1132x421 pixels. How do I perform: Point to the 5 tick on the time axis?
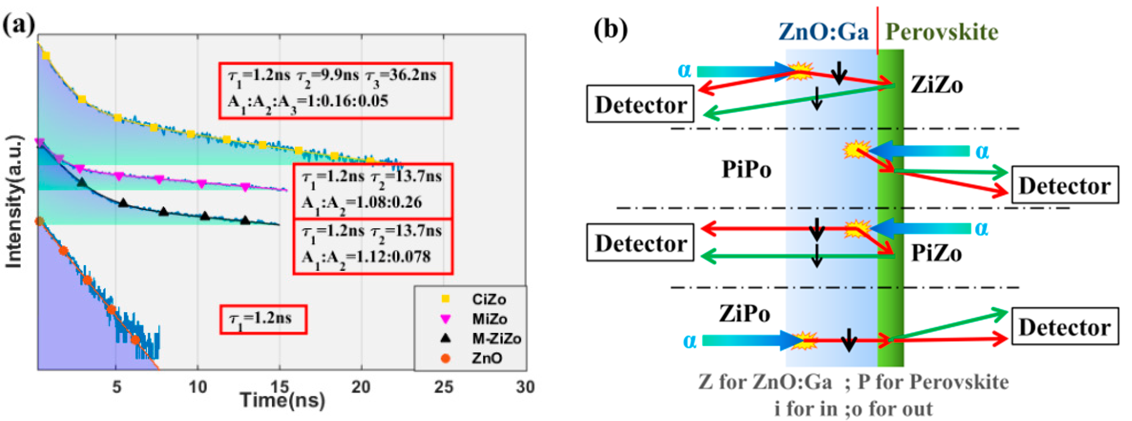pyautogui.click(x=116, y=387)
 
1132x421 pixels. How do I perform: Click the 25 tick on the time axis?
pyautogui.click(x=443, y=387)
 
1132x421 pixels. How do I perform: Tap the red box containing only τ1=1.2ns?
pyautogui.click(x=263, y=319)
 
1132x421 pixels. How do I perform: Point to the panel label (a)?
pyautogui.click(x=19, y=25)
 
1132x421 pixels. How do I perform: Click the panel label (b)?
pyautogui.click(x=611, y=30)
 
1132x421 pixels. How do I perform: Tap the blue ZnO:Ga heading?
pyautogui.click(x=824, y=32)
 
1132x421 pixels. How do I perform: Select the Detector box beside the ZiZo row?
pyautogui.click(x=640, y=104)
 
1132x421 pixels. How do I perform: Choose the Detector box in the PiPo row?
pyautogui.click(x=1065, y=185)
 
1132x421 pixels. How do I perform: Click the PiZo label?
pyautogui.click(x=936, y=253)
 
